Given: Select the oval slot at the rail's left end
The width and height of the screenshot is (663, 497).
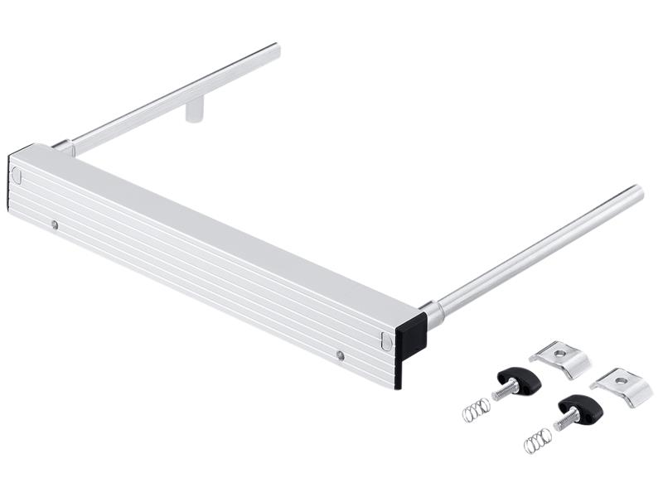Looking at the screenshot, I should (x=15, y=175).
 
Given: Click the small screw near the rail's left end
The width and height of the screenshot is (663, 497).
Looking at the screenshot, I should (x=54, y=224).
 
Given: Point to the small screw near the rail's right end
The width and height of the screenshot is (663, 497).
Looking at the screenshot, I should (x=340, y=355).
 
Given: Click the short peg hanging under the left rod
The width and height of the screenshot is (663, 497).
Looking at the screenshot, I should (x=194, y=110).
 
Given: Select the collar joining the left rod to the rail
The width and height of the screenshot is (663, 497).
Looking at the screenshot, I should (x=64, y=147).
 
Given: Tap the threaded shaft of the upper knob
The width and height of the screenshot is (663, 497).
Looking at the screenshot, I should (x=503, y=390).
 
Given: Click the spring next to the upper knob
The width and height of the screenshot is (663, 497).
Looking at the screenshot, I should (x=477, y=409).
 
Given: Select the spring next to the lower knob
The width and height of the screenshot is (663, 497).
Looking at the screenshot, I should (x=536, y=441).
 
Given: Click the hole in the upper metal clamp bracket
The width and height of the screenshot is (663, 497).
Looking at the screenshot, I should (x=559, y=353).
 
